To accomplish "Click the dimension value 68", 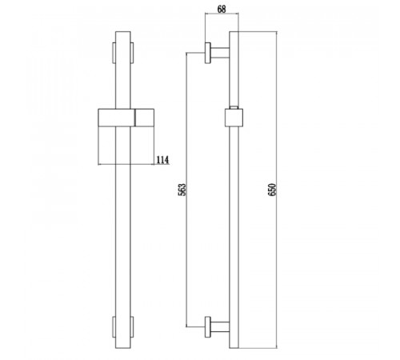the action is point(222,9).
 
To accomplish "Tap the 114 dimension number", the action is point(162,160).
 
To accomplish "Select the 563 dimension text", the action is point(182,190).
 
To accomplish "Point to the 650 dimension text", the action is point(272,190).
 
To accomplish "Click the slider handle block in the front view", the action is point(126,118).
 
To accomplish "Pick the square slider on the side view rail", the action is point(234,118).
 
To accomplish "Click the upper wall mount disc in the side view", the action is point(208,53).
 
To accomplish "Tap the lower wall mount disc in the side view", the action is point(208,327).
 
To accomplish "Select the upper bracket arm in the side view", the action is point(220,53).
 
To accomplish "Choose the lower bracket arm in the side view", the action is point(220,327).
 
